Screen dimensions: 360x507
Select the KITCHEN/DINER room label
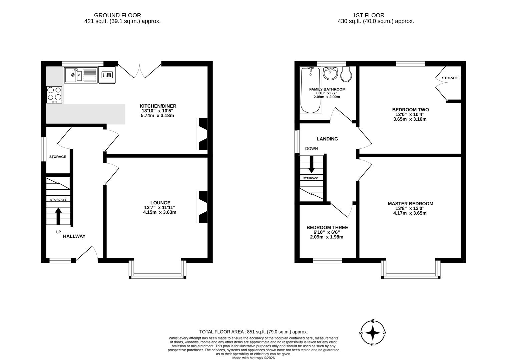[158, 106]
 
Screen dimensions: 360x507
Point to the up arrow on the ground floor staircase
[58, 215]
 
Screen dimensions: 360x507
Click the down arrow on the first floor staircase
[311, 166]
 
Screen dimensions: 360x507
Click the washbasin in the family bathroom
[331, 73]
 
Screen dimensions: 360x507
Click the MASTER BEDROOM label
[410, 204]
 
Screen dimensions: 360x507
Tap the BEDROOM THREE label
[327, 228]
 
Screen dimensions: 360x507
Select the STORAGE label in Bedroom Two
[451, 78]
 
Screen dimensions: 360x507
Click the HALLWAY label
[74, 236]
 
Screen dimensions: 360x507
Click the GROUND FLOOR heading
[117, 15]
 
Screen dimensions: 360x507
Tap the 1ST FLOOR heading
[368, 15]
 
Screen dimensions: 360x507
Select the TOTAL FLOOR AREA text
[253, 332]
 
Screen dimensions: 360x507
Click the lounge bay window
[157, 275]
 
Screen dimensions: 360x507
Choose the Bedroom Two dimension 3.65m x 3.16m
[410, 119]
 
